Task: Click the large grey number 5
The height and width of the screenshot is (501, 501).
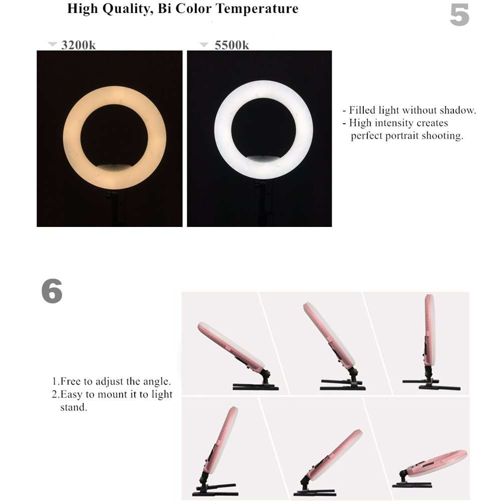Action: [x=459, y=16]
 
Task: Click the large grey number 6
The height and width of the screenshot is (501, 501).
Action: [x=52, y=291]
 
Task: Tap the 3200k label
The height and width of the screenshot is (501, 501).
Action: [x=78, y=45]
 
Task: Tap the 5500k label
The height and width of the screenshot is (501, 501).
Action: [x=231, y=45]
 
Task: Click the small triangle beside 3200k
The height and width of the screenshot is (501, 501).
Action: [x=53, y=45]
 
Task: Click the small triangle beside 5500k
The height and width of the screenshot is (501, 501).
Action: [x=203, y=45]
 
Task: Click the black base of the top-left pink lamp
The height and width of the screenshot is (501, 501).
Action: [x=256, y=386]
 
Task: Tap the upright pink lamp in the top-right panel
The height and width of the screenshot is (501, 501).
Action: [x=429, y=331]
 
